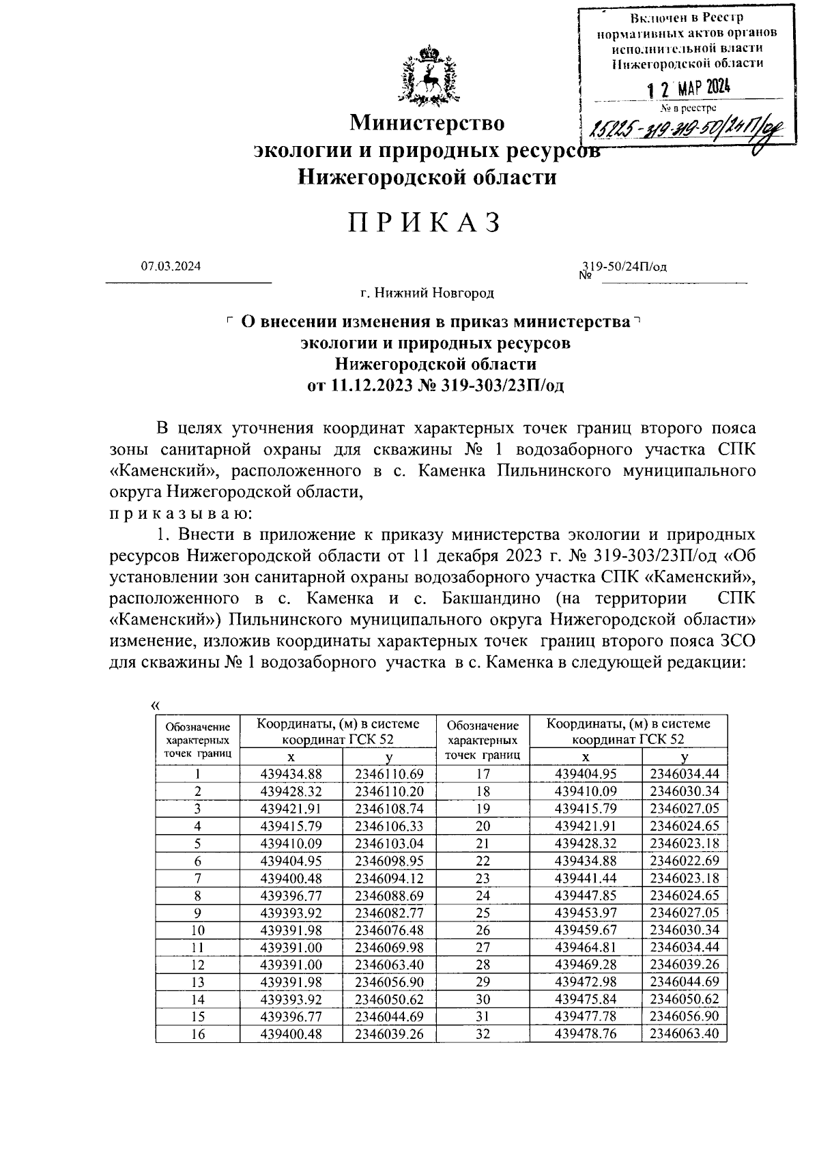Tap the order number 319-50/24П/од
click(x=623, y=267)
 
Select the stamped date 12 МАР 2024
click(x=688, y=88)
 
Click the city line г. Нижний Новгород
click(x=427, y=293)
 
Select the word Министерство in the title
click(x=427, y=124)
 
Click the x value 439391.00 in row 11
click(x=291, y=948)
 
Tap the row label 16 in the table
click(x=198, y=1035)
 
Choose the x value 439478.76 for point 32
click(x=586, y=1035)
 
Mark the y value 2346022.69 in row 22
click(x=684, y=861)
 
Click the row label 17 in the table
click(x=483, y=774)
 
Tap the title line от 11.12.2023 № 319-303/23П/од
click(x=435, y=386)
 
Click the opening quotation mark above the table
click(x=154, y=706)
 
